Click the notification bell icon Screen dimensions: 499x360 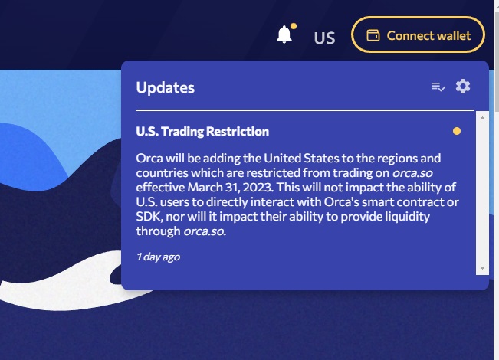click(284, 34)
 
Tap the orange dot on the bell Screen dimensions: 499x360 click(294, 26)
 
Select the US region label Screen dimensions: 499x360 click(324, 38)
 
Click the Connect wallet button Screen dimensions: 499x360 click(418, 34)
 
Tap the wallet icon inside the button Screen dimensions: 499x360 click(373, 35)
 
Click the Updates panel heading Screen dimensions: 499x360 click(165, 87)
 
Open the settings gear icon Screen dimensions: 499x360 click(463, 87)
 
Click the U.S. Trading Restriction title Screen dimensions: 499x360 click(202, 131)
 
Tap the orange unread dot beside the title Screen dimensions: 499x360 click(457, 131)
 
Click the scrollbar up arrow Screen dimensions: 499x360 click(482, 118)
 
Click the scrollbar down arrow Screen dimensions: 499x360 click(482, 268)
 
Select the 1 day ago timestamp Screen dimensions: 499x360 click(158, 257)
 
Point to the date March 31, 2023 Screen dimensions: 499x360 click(231, 188)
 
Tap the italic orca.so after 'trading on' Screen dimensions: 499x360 click(412, 173)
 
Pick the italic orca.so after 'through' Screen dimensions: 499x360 click(205, 231)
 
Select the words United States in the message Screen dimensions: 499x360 click(301, 158)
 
